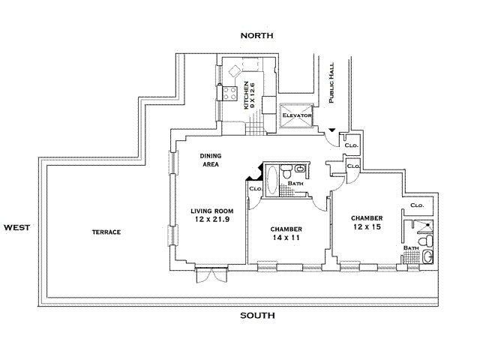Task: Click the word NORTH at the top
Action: point(257,35)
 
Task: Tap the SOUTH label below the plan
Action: point(257,315)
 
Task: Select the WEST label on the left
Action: point(17,226)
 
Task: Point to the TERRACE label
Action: point(106,232)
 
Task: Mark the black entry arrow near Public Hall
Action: point(331,132)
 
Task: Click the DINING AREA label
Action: point(209,160)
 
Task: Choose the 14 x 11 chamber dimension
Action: point(286,237)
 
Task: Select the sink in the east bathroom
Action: point(427,257)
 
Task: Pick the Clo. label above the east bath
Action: point(417,205)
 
